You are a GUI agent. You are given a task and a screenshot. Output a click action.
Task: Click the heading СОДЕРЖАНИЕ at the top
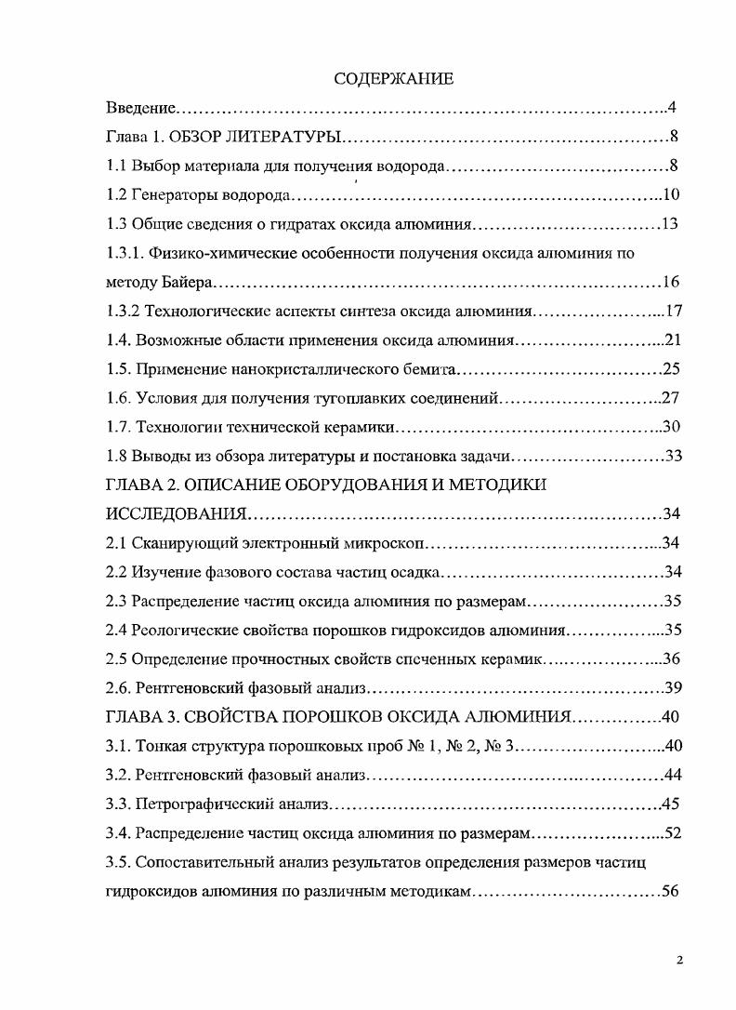(x=394, y=79)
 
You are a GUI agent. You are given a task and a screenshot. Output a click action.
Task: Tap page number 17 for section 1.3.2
(x=674, y=311)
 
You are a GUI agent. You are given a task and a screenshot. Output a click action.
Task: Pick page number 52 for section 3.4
(x=674, y=832)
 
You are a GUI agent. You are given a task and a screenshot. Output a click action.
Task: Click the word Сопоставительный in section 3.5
(x=203, y=861)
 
